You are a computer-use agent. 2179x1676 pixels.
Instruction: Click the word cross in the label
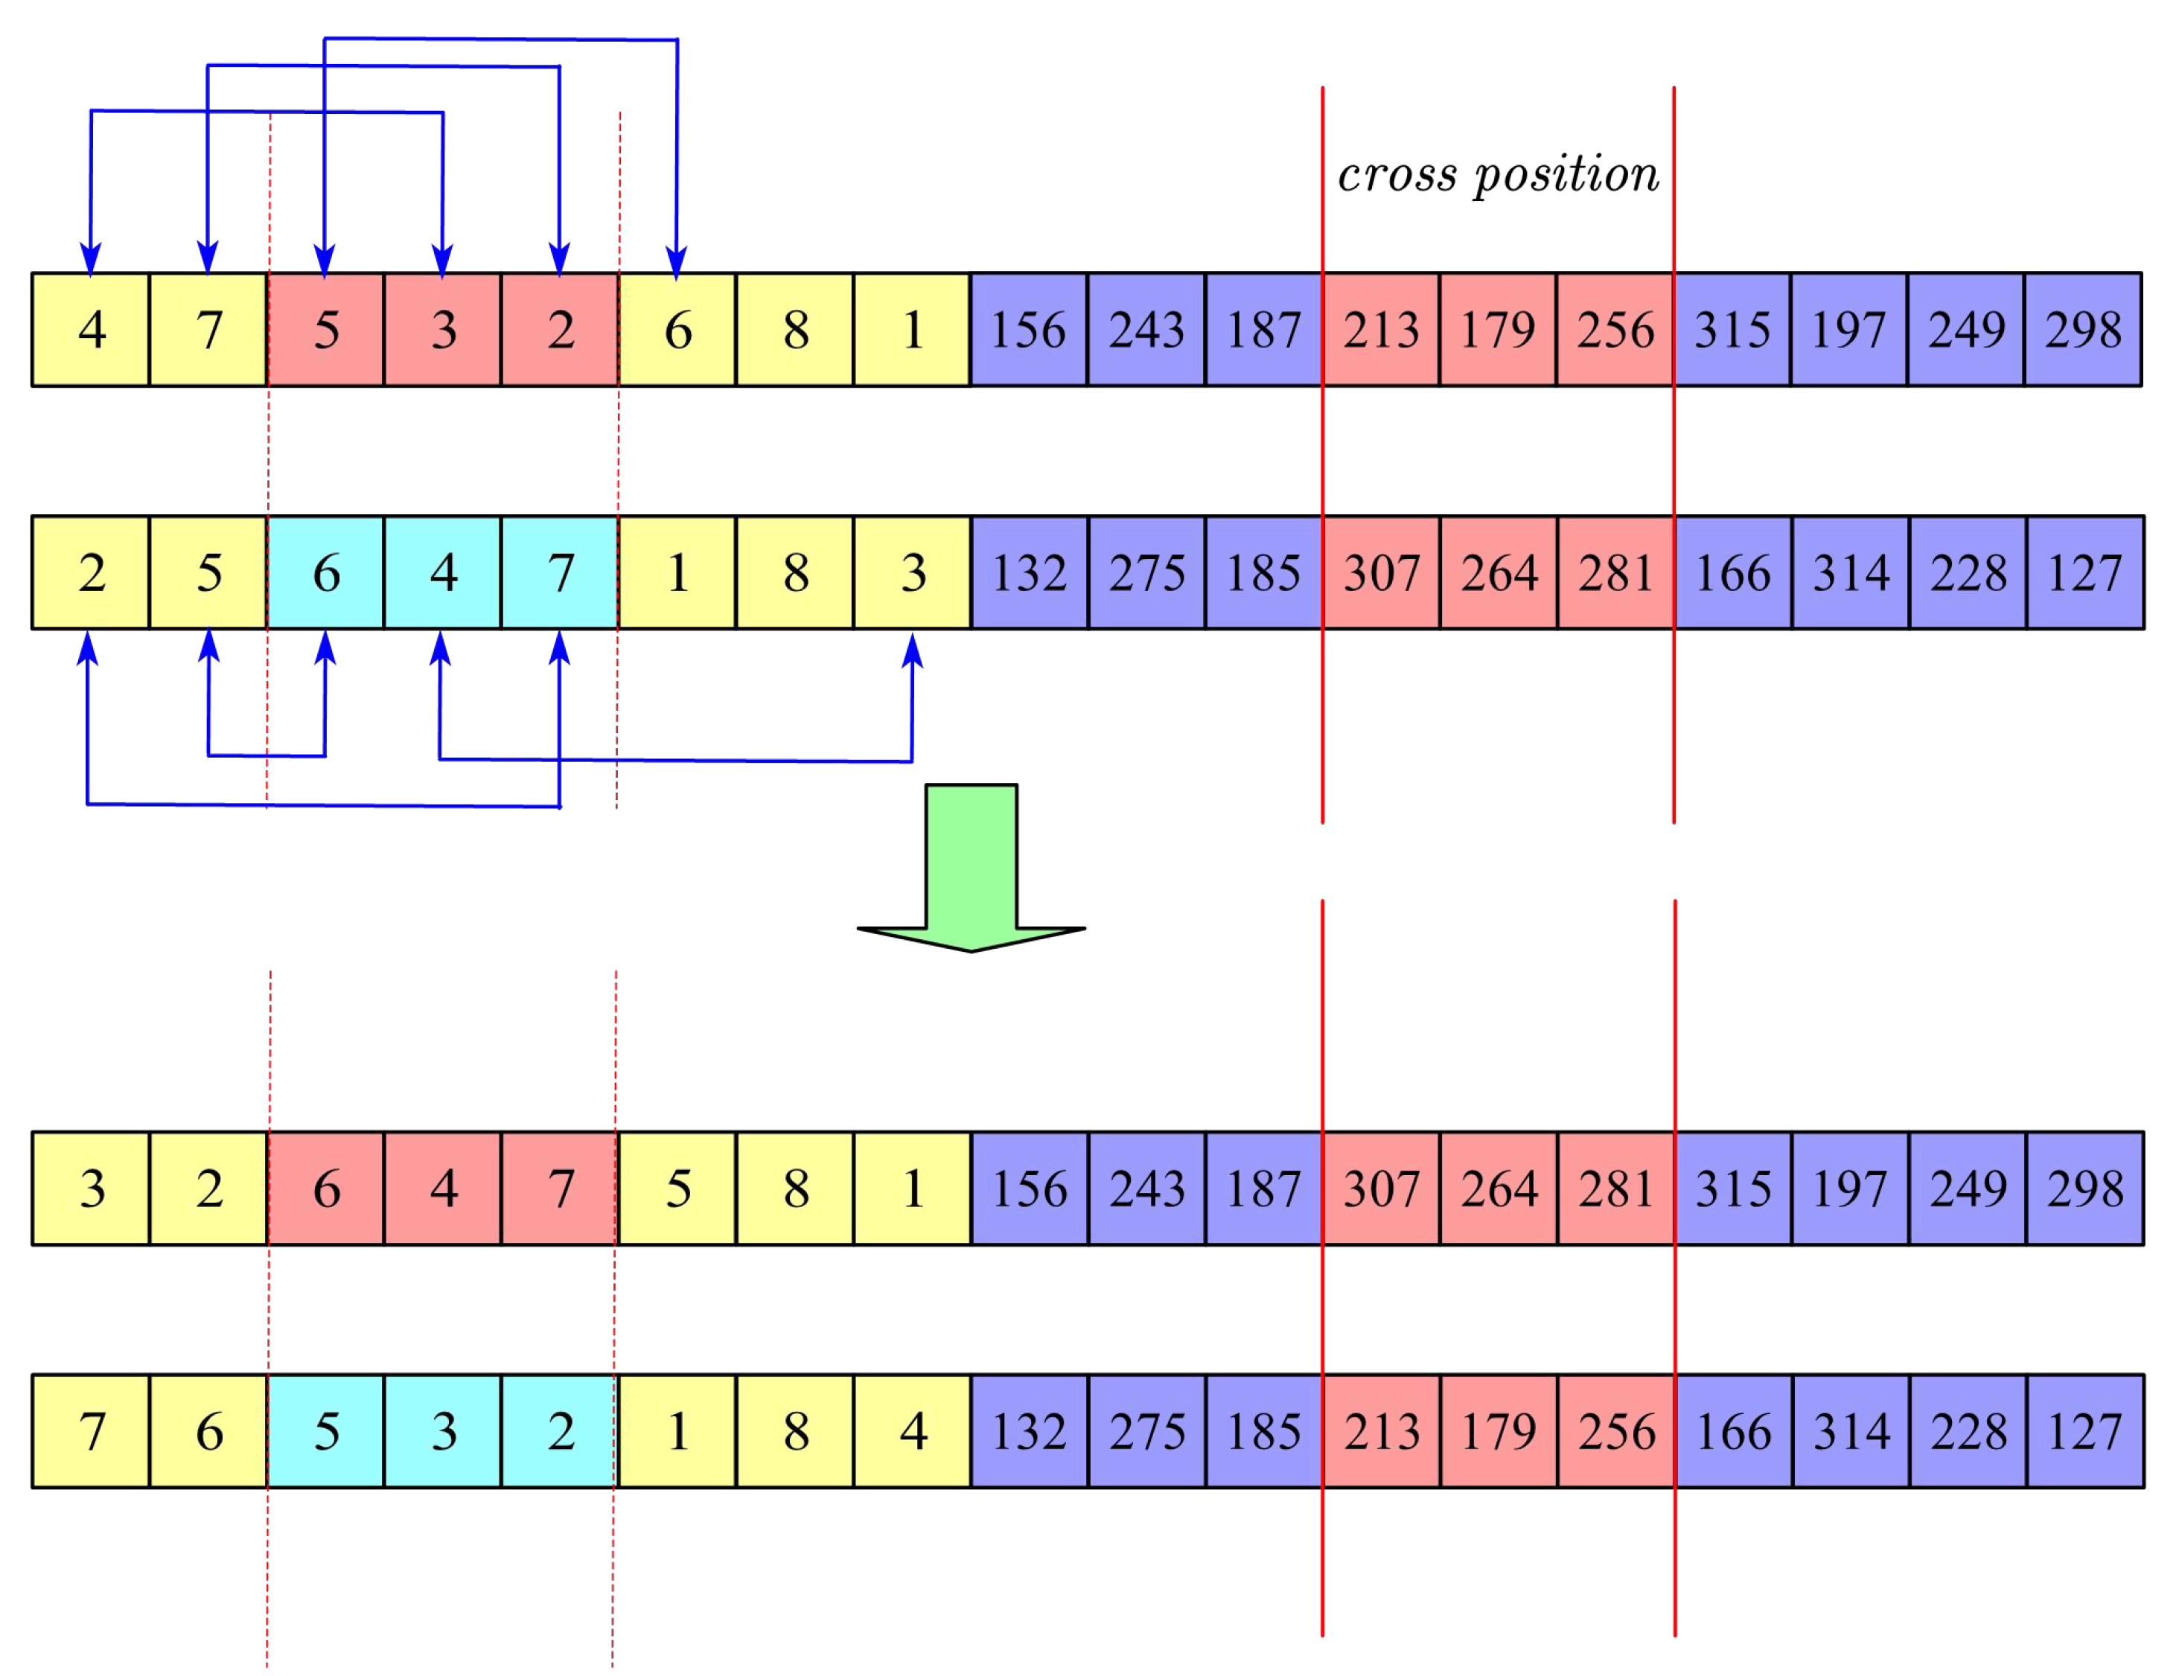coord(1397,176)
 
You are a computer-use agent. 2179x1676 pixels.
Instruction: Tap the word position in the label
coord(1566,176)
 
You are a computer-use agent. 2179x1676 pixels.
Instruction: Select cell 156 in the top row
coord(1029,329)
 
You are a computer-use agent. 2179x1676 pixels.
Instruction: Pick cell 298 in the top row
coord(2082,329)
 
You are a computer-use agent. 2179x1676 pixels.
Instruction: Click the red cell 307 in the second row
coord(1381,572)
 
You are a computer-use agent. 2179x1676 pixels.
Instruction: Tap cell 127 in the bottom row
coord(2084,1432)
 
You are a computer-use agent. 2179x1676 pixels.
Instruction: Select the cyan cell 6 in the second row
coord(326,572)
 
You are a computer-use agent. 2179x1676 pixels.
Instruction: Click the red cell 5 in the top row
coord(326,329)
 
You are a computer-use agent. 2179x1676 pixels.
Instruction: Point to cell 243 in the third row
coord(1147,1189)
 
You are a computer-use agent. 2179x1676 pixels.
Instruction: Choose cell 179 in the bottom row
coord(1499,1432)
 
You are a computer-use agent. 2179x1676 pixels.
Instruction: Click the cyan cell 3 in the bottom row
coord(443,1432)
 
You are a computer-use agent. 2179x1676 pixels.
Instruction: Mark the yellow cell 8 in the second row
coord(795,572)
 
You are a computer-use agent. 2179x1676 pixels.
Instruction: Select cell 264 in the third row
coord(1499,1189)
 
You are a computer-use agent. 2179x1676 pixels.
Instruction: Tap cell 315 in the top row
coord(1732,329)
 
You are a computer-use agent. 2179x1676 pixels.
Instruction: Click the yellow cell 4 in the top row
coord(91,329)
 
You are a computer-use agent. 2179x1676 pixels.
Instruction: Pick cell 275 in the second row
coord(1147,572)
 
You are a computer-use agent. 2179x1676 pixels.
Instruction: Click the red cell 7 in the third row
coord(561,1189)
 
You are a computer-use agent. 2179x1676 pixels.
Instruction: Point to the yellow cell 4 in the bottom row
coord(913,1432)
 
